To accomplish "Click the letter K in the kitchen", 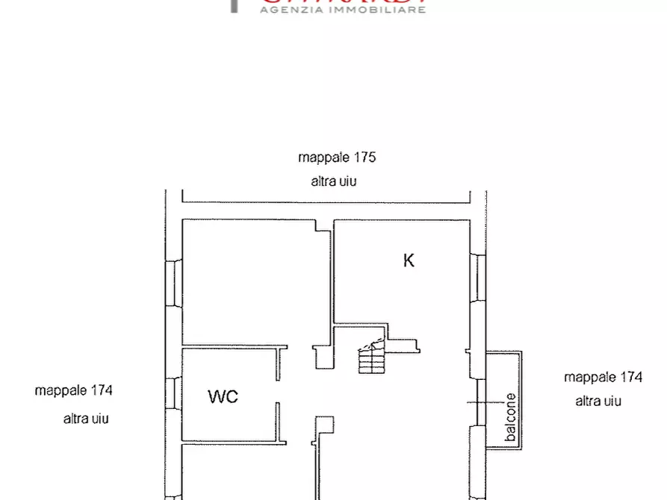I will tap(409, 260).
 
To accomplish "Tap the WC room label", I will tap(223, 396).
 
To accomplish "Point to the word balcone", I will tap(510, 419).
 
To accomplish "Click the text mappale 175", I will tap(336, 157).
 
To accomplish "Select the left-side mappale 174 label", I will tap(73, 390).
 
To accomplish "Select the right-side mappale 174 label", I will tap(603, 378).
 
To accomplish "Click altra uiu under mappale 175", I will tap(334, 181).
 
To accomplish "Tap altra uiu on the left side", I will tap(86, 419).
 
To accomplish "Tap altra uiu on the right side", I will tap(598, 401).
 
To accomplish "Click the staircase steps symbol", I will tap(370, 360).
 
